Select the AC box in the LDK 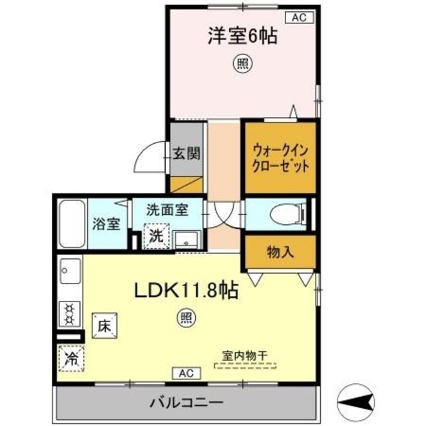(x=185, y=373)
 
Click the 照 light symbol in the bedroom (x=240, y=64)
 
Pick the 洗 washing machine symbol (x=155, y=235)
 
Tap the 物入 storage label (x=280, y=252)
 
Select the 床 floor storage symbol (x=105, y=326)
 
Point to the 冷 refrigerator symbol (x=71, y=359)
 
